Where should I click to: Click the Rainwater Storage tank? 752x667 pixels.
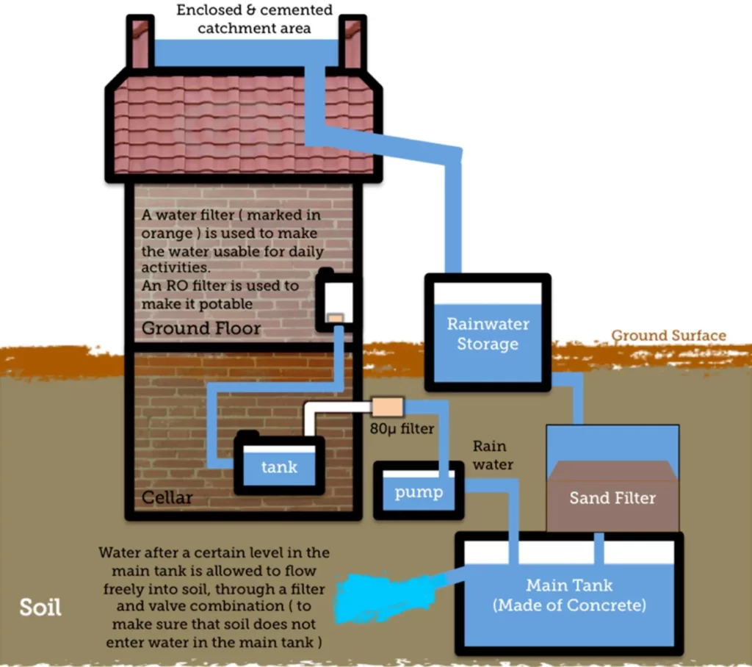click(x=488, y=333)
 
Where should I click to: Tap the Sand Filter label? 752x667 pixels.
click(x=612, y=498)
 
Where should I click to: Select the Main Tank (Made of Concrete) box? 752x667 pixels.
click(x=569, y=595)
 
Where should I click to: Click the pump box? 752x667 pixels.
click(x=419, y=491)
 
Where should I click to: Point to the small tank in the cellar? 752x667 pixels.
click(x=279, y=466)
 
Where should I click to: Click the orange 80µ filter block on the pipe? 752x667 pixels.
click(x=388, y=407)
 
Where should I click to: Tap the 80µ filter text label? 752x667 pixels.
click(x=402, y=429)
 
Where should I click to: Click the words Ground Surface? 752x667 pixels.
click(x=668, y=336)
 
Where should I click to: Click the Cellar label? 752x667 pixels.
click(x=167, y=497)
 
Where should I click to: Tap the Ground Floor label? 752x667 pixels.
click(x=201, y=328)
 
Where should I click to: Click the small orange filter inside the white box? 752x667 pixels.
click(x=336, y=317)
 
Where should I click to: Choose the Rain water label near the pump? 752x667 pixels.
click(x=489, y=455)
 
